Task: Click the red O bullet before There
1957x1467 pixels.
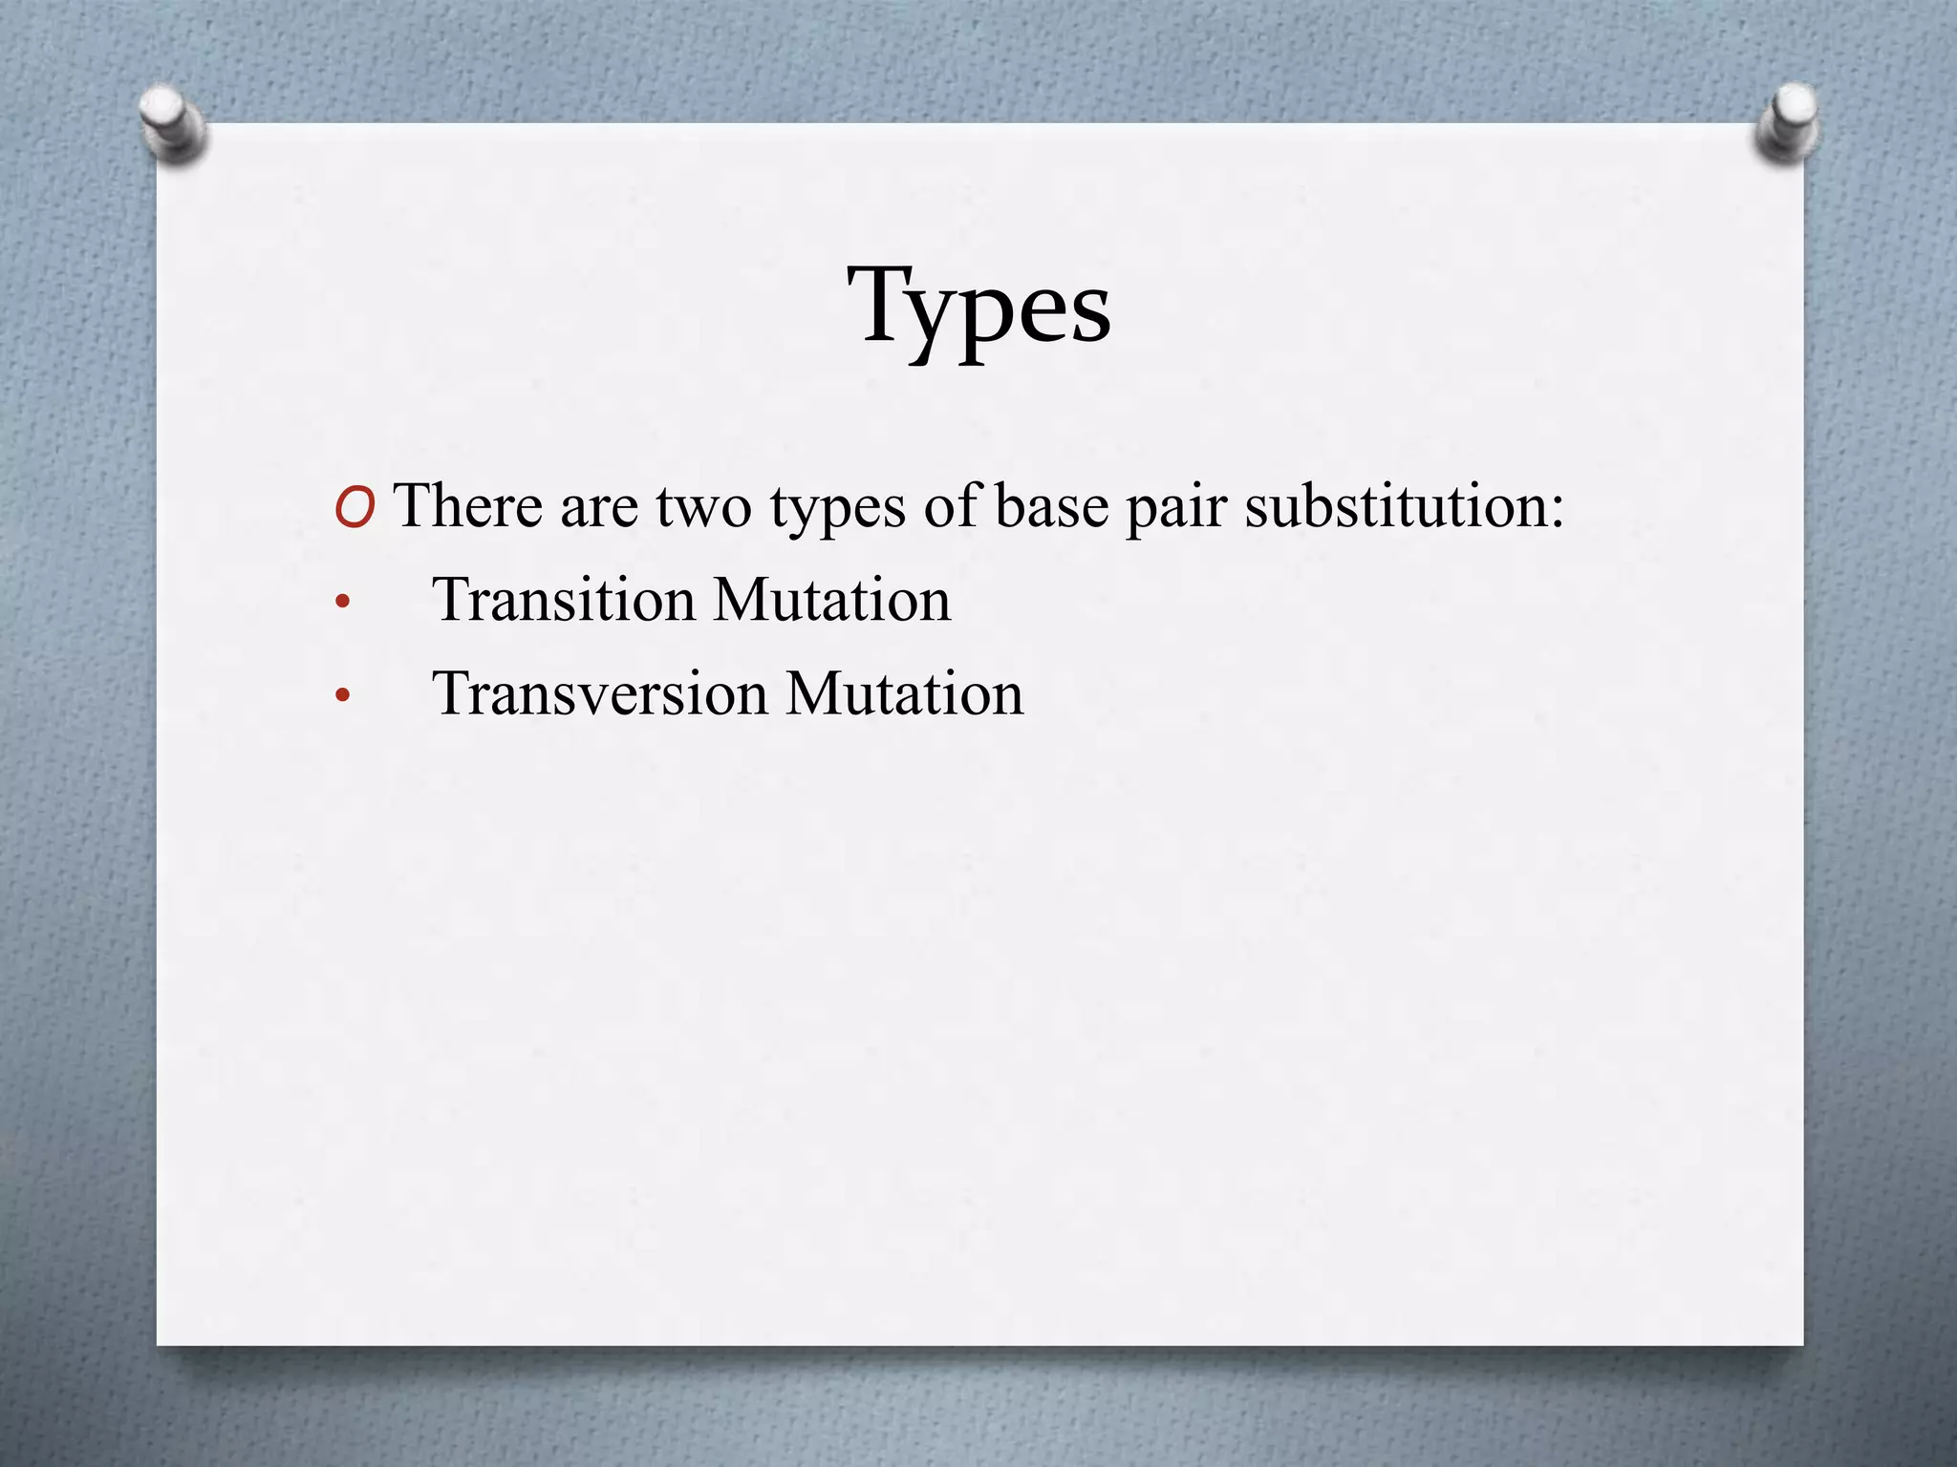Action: click(355, 507)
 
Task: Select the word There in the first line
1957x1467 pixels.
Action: click(467, 505)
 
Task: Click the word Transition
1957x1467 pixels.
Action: click(564, 601)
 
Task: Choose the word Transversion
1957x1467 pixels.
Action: click(599, 694)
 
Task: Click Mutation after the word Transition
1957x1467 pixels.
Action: click(831, 601)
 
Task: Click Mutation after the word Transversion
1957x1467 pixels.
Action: click(904, 694)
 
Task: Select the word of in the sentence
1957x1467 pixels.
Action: click(951, 505)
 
